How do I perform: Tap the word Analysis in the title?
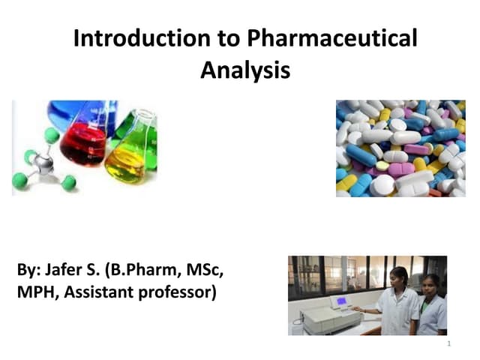(244, 70)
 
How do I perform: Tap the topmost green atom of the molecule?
(52, 135)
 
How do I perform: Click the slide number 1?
(448, 344)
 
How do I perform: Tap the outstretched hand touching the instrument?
(357, 309)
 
